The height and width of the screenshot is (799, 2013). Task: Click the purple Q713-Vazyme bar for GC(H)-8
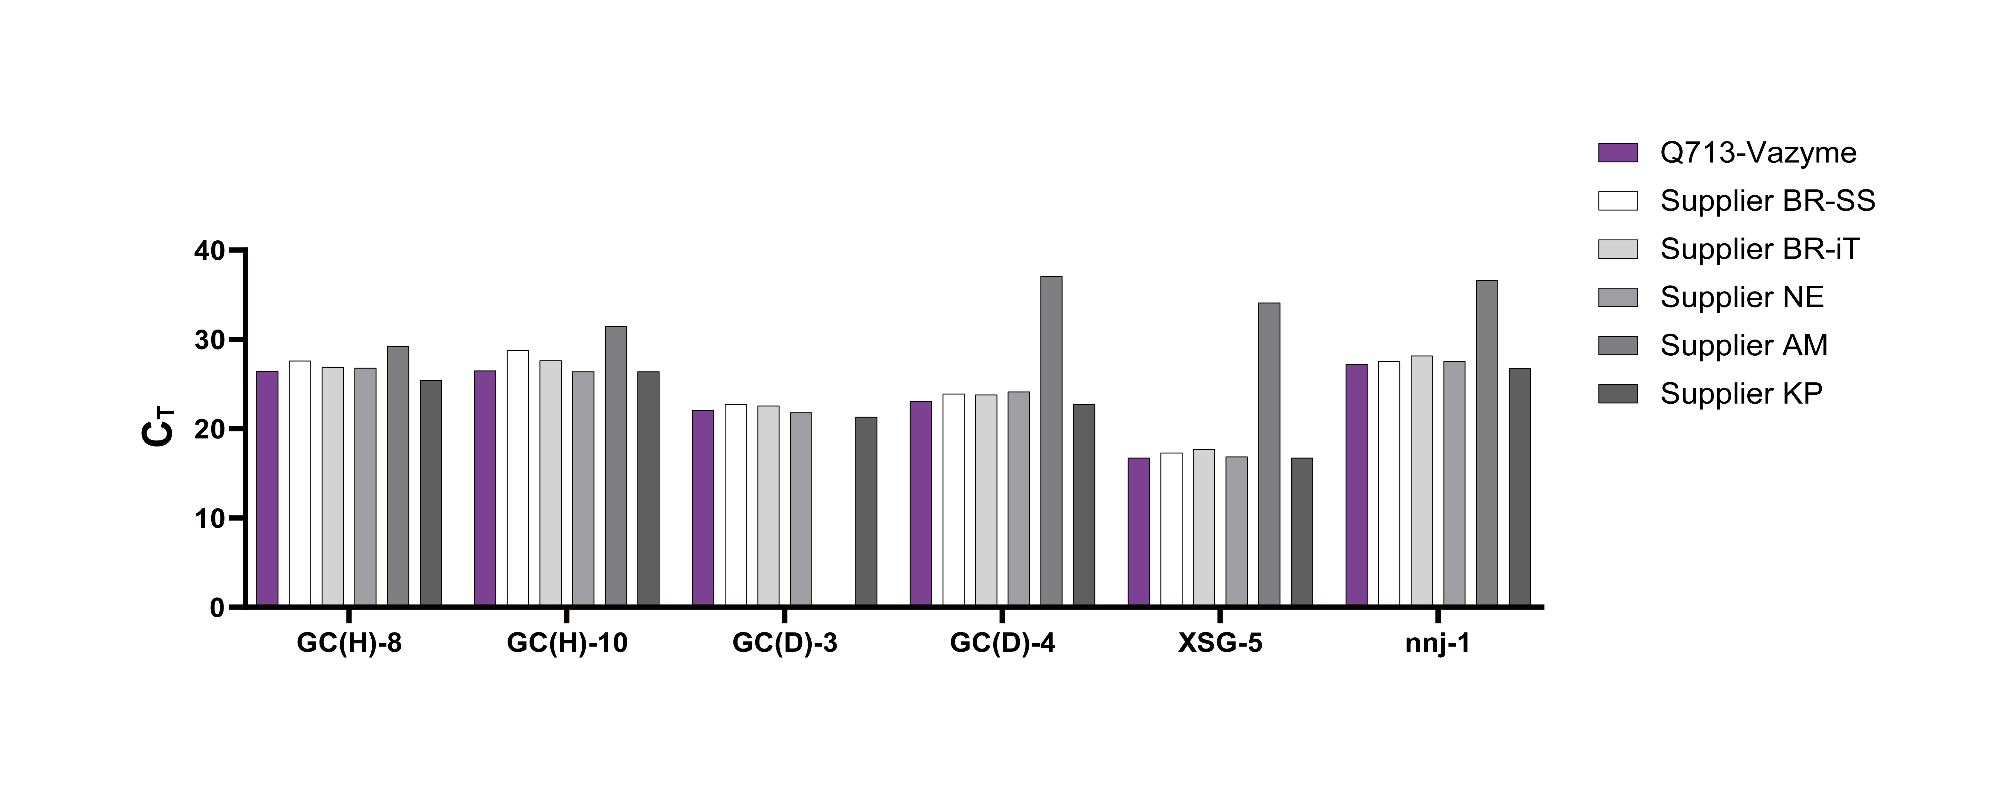tap(267, 489)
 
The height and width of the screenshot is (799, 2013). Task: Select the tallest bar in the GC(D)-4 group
tap(1051, 442)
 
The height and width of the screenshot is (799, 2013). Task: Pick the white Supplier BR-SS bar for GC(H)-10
tap(517, 478)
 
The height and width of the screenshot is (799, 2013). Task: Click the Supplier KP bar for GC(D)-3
tap(866, 512)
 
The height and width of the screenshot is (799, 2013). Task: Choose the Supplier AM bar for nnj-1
tap(1487, 443)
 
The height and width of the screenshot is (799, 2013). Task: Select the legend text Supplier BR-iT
tap(1760, 249)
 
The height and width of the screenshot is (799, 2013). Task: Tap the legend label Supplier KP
tap(1741, 393)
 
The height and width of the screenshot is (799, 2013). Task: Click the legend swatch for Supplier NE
tap(1617, 297)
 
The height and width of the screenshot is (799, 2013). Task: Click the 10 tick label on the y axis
tap(209, 518)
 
